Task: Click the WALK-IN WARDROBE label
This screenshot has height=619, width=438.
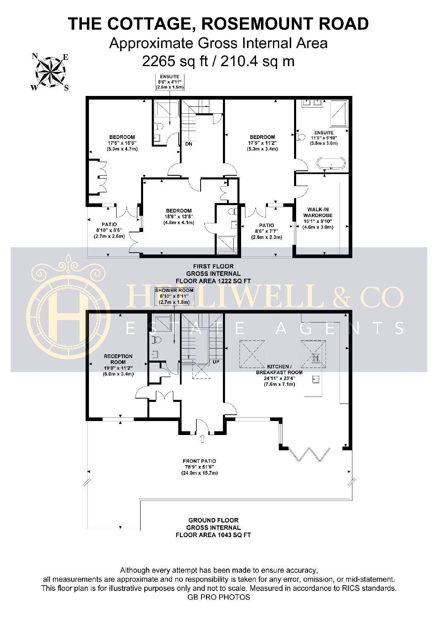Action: click(x=318, y=212)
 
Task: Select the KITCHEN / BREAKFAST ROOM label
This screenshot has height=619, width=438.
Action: click(x=279, y=370)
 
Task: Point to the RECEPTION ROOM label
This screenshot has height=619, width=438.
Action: click(x=118, y=359)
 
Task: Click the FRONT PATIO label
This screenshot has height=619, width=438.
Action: click(x=199, y=461)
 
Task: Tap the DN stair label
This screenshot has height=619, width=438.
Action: click(x=189, y=144)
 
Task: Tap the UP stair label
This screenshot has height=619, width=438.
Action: click(x=216, y=362)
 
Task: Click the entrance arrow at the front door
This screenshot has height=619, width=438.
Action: click(x=202, y=438)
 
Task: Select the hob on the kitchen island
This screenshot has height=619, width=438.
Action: click(x=316, y=358)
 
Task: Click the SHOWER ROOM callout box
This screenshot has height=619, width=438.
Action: click(x=174, y=296)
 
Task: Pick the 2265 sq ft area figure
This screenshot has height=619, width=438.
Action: click(x=175, y=61)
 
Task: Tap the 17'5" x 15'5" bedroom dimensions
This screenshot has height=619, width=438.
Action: click(x=122, y=143)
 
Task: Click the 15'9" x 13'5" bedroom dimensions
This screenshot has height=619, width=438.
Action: click(x=179, y=217)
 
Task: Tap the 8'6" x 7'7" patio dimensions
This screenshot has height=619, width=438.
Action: click(x=266, y=231)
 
